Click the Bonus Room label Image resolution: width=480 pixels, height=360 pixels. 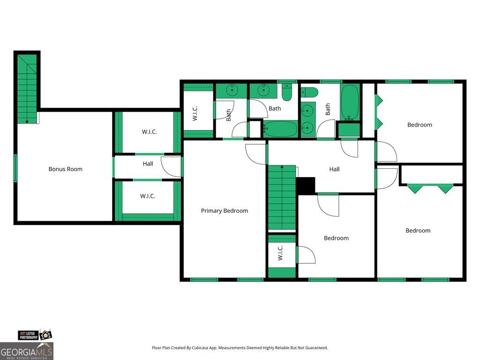click(65, 169)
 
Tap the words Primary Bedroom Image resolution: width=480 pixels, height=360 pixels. click(225, 210)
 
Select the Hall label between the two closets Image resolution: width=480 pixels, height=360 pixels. click(148, 164)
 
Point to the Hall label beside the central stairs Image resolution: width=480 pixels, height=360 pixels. click(334, 169)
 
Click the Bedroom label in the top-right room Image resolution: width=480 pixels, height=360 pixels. click(420, 125)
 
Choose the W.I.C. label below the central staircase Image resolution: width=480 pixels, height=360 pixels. click(280, 253)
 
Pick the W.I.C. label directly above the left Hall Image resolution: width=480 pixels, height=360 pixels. click(150, 132)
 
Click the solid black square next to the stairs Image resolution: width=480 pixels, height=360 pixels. click(306, 186)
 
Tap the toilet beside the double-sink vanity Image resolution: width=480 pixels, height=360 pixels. click(309, 92)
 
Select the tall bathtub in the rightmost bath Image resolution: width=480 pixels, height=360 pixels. click(350, 102)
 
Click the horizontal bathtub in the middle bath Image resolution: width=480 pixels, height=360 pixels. click(280, 129)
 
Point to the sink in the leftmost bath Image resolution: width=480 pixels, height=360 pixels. click(232, 90)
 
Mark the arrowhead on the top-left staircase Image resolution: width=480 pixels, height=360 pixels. click(27, 122)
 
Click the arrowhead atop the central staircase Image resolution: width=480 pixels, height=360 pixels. click(282, 167)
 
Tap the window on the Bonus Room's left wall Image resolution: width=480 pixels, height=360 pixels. click(15, 168)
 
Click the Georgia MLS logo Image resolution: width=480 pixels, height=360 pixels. click(27, 351)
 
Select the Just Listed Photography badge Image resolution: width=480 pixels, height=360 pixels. click(35, 335)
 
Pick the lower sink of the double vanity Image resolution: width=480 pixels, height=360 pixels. click(307, 127)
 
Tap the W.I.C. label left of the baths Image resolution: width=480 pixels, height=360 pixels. click(195, 113)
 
